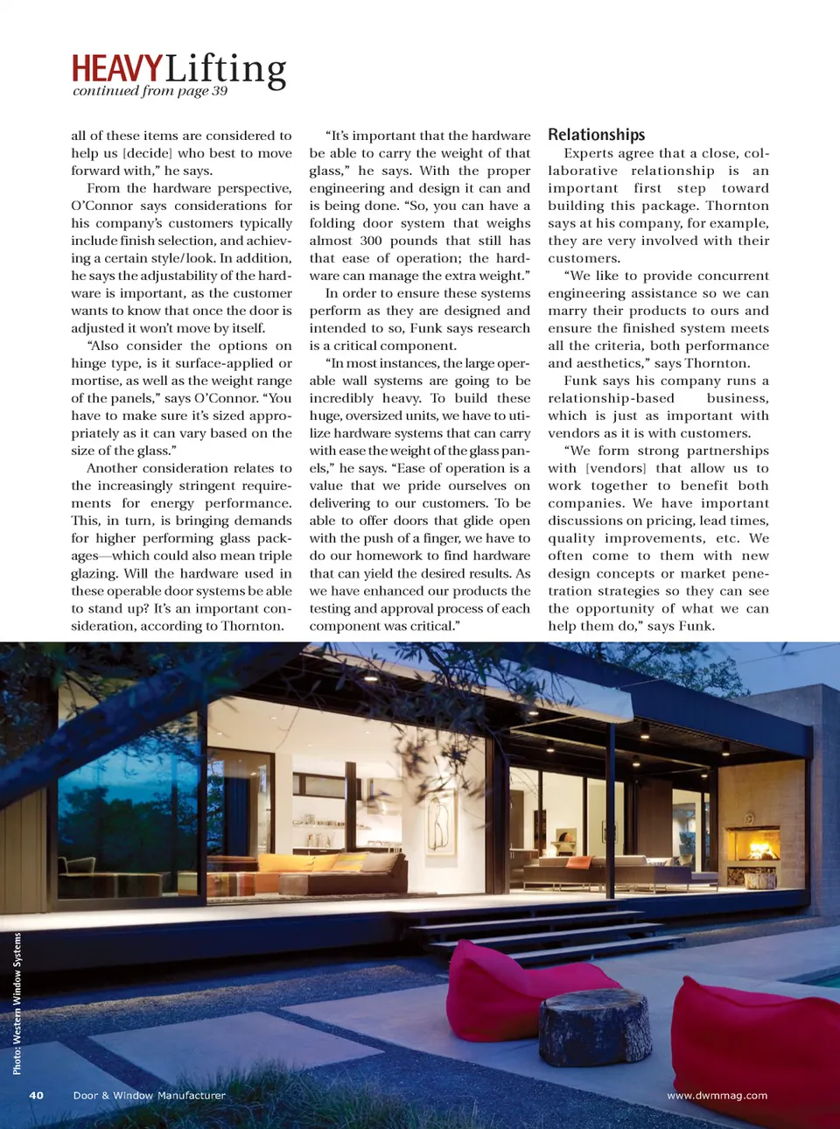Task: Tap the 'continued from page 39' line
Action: [150, 91]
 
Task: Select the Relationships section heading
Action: [596, 135]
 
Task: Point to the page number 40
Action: [36, 1095]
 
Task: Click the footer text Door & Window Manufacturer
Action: [149, 1095]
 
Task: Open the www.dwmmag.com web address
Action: [717, 1095]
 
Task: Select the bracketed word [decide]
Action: [147, 153]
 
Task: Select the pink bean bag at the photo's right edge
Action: [757, 1050]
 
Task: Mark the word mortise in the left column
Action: [95, 381]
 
